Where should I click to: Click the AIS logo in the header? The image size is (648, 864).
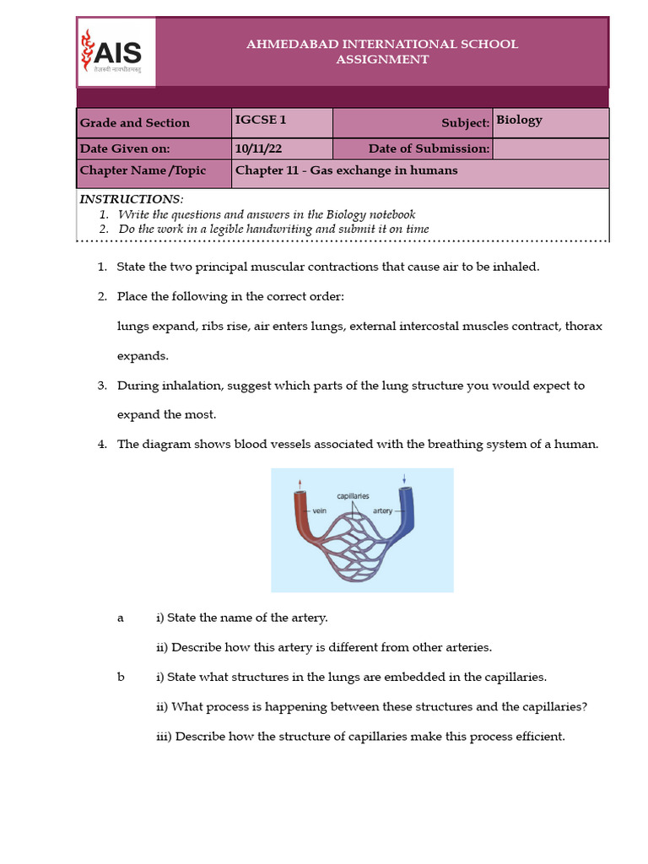(x=116, y=52)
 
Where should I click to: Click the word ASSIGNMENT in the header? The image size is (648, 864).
(x=382, y=59)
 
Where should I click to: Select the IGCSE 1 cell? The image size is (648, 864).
(x=261, y=120)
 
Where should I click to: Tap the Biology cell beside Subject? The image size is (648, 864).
(x=519, y=120)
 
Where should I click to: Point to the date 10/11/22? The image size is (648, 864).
(x=258, y=148)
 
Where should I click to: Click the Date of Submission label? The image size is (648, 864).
(x=429, y=148)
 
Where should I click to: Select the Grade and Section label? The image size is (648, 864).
(x=135, y=122)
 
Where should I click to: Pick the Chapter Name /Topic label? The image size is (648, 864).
(x=143, y=170)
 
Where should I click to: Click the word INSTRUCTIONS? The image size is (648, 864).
(x=131, y=199)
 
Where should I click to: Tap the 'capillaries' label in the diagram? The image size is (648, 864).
(x=354, y=497)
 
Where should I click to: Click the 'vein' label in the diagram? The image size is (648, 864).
(x=319, y=510)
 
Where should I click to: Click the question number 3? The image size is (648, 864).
(x=101, y=386)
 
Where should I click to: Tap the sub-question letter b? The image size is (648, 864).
(x=121, y=677)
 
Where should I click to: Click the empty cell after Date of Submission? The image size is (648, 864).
(x=549, y=148)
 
